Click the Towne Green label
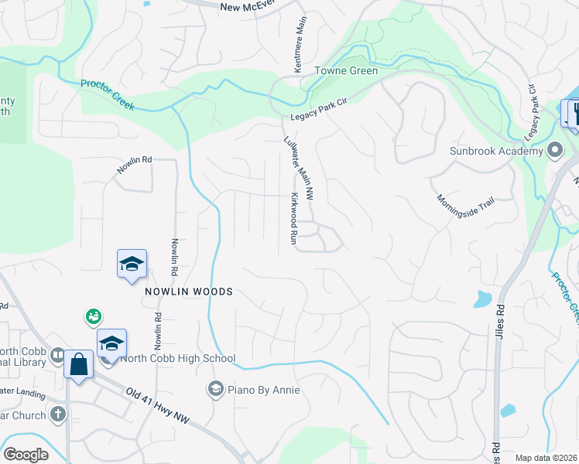(345, 71)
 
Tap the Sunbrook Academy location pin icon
(554, 150)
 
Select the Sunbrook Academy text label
(496, 151)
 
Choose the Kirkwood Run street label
(293, 219)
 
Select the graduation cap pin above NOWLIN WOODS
(132, 264)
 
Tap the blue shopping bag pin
(79, 363)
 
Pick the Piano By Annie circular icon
(215, 388)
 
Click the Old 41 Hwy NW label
(157, 406)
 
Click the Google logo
(26, 455)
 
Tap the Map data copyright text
(546, 458)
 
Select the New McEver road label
(247, 7)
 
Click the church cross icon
(57, 415)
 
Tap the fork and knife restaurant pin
(574, 113)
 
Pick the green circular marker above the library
(94, 316)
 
